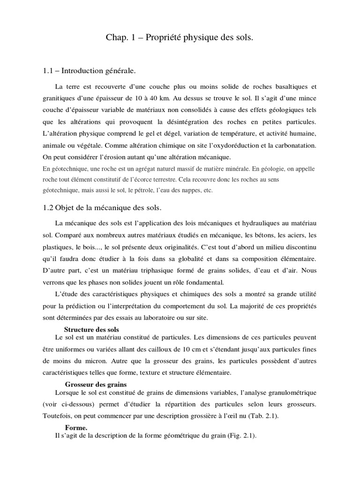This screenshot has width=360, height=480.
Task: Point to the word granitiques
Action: tap(59, 99)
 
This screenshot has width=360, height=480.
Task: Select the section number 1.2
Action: tap(49, 207)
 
